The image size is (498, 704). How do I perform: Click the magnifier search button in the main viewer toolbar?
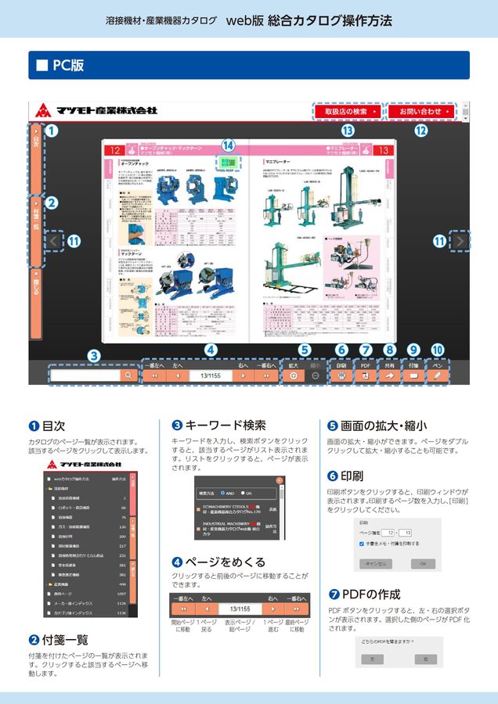tap(127, 375)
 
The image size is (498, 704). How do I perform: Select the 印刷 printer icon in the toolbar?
tap(341, 375)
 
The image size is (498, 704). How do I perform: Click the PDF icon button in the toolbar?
tap(365, 375)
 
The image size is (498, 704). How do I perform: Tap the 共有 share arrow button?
tap(389, 375)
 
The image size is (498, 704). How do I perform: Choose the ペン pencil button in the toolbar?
tap(437, 375)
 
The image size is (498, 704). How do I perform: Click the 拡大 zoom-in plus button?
tap(294, 375)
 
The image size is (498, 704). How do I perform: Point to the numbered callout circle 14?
tap(228, 145)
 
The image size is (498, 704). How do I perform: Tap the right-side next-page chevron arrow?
tap(461, 242)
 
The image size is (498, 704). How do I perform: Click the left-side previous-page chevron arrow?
tap(52, 242)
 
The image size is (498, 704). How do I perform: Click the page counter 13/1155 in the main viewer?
tap(209, 375)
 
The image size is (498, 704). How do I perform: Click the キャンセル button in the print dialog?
tap(376, 563)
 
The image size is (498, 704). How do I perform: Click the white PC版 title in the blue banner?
tap(67, 66)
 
